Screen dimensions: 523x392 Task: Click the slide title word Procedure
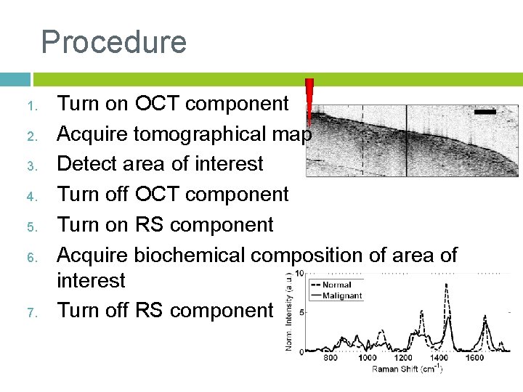(114, 42)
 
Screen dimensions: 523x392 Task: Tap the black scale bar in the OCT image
(485, 113)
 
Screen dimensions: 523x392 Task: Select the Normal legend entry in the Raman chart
(336, 285)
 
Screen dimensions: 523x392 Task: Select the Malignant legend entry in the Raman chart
(341, 295)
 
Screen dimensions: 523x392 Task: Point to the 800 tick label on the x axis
(331, 358)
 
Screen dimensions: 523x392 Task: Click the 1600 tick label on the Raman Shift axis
(476, 358)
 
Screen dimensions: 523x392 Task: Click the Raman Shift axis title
(407, 369)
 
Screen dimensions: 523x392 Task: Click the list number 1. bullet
(32, 107)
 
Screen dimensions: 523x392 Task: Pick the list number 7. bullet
(32, 312)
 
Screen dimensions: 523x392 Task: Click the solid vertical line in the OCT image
(406, 142)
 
